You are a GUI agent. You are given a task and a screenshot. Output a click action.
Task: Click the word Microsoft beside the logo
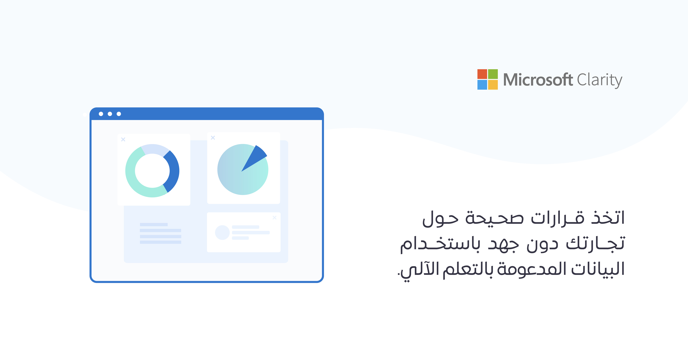(x=538, y=80)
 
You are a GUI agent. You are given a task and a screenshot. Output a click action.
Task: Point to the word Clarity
(x=600, y=80)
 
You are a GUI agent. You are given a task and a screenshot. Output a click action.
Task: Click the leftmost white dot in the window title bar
(x=101, y=114)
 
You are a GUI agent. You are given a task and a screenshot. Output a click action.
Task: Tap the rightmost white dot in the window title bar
(x=119, y=114)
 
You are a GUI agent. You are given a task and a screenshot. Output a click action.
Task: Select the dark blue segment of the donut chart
(x=173, y=171)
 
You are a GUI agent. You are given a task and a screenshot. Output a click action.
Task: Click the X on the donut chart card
(x=123, y=139)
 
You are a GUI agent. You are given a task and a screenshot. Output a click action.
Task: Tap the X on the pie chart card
(x=213, y=138)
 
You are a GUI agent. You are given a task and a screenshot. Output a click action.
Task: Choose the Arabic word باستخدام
(x=440, y=243)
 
